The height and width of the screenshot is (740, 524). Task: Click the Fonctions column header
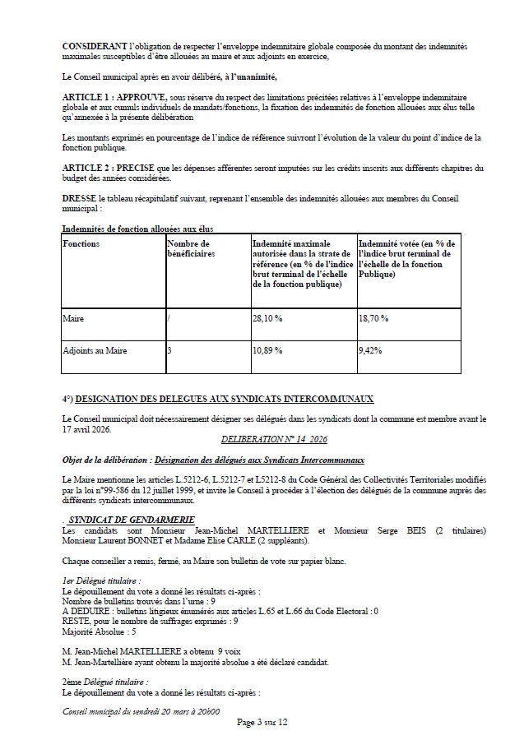[x=81, y=244]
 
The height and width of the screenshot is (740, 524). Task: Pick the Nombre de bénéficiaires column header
[x=188, y=249]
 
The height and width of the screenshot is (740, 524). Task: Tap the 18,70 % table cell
[x=373, y=317]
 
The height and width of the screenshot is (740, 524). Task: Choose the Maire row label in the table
[x=73, y=317]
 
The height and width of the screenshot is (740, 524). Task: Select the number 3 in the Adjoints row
[x=169, y=350]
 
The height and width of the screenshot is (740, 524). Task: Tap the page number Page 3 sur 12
[x=262, y=722]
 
